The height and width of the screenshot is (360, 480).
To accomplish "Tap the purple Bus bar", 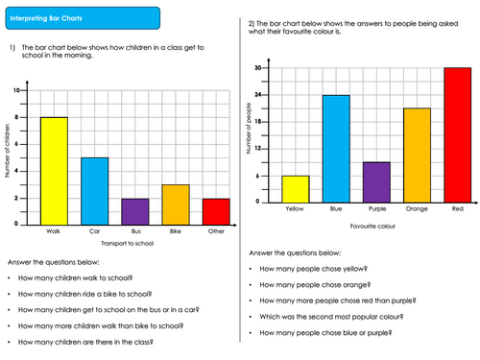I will click(x=135, y=211).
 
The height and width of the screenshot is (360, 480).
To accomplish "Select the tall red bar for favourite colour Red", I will click(x=457, y=135).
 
